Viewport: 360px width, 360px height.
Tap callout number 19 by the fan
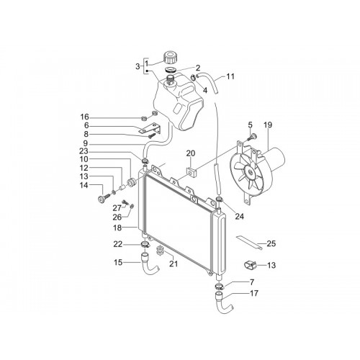point(268,125)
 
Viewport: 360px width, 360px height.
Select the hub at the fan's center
point(250,172)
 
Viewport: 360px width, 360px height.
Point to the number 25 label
point(271,243)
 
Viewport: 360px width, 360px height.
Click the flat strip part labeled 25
point(249,243)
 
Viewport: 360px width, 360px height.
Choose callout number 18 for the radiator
point(117,228)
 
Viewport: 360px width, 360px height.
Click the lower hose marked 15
point(150,265)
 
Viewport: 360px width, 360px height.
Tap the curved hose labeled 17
point(224,303)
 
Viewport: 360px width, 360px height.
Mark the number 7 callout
point(252,282)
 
